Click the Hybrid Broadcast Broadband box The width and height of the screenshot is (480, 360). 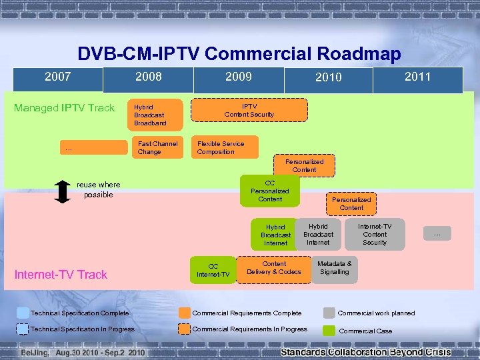(154, 115)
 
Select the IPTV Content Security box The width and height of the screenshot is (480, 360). (249, 110)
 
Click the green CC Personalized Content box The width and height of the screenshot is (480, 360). (270, 191)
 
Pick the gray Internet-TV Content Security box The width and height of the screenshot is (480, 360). (375, 235)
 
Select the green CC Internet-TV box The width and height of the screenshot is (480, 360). (213, 270)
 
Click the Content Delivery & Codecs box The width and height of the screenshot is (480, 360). (274, 268)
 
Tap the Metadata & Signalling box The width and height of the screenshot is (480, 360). (335, 268)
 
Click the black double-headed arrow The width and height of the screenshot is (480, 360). (61, 190)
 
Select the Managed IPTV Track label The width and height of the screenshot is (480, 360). (64, 108)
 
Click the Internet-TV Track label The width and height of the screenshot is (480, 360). (61, 275)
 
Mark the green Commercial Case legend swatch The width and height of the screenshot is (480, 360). (329, 331)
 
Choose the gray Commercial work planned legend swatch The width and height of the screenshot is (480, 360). (329, 313)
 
